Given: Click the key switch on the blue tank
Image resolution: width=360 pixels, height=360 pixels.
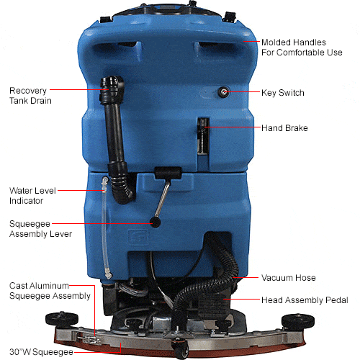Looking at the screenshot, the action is (223, 92).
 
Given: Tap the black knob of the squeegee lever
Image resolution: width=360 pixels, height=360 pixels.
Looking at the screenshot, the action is (156, 222).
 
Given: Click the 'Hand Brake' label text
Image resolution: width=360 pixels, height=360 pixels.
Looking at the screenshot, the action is (284, 128).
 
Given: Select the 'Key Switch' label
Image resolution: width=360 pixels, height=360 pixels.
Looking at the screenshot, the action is (283, 93).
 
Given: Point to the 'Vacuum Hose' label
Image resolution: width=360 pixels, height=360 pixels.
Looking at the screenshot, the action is (289, 278).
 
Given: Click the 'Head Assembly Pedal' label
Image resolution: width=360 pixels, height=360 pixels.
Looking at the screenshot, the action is (305, 300).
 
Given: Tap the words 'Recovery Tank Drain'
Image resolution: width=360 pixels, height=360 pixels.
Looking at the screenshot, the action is (30, 96).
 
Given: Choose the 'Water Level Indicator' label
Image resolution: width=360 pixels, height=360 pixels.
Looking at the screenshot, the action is (32, 196).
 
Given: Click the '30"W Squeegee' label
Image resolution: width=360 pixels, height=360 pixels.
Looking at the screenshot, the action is (41, 352).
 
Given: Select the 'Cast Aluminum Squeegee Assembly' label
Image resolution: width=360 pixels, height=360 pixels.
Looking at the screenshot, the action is (50, 291).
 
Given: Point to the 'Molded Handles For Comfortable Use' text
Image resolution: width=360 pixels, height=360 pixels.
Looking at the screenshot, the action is (302, 48).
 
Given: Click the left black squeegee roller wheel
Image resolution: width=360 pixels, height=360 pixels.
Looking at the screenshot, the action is (62, 319).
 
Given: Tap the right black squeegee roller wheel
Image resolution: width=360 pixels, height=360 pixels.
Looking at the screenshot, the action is (297, 320).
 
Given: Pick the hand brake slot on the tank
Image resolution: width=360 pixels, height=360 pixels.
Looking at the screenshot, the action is (203, 135).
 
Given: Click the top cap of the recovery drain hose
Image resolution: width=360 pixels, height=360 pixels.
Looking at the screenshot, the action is (112, 81).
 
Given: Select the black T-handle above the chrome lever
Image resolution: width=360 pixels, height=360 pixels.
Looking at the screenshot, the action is (168, 173).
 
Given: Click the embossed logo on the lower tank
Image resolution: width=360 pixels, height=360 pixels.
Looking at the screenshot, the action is (138, 237).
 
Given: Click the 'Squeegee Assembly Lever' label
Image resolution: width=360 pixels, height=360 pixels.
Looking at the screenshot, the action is (40, 229).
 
